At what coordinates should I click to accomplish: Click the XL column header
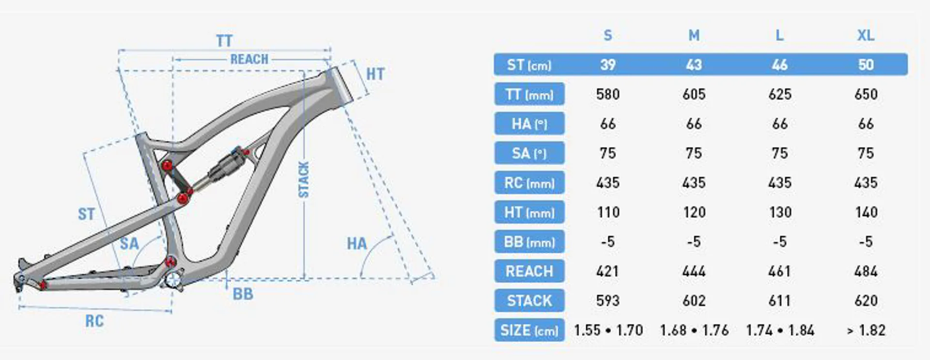point(866,35)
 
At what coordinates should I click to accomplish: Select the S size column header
point(608,35)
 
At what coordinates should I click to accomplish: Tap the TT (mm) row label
point(529,94)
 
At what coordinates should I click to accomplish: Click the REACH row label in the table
point(529,271)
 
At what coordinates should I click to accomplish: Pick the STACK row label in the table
point(529,301)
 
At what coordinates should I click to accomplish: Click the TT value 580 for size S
point(608,94)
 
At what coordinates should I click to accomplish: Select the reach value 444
point(694,271)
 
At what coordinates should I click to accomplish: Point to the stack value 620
point(866,301)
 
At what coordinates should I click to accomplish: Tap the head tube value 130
point(780,212)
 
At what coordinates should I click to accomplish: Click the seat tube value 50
point(866,64)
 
